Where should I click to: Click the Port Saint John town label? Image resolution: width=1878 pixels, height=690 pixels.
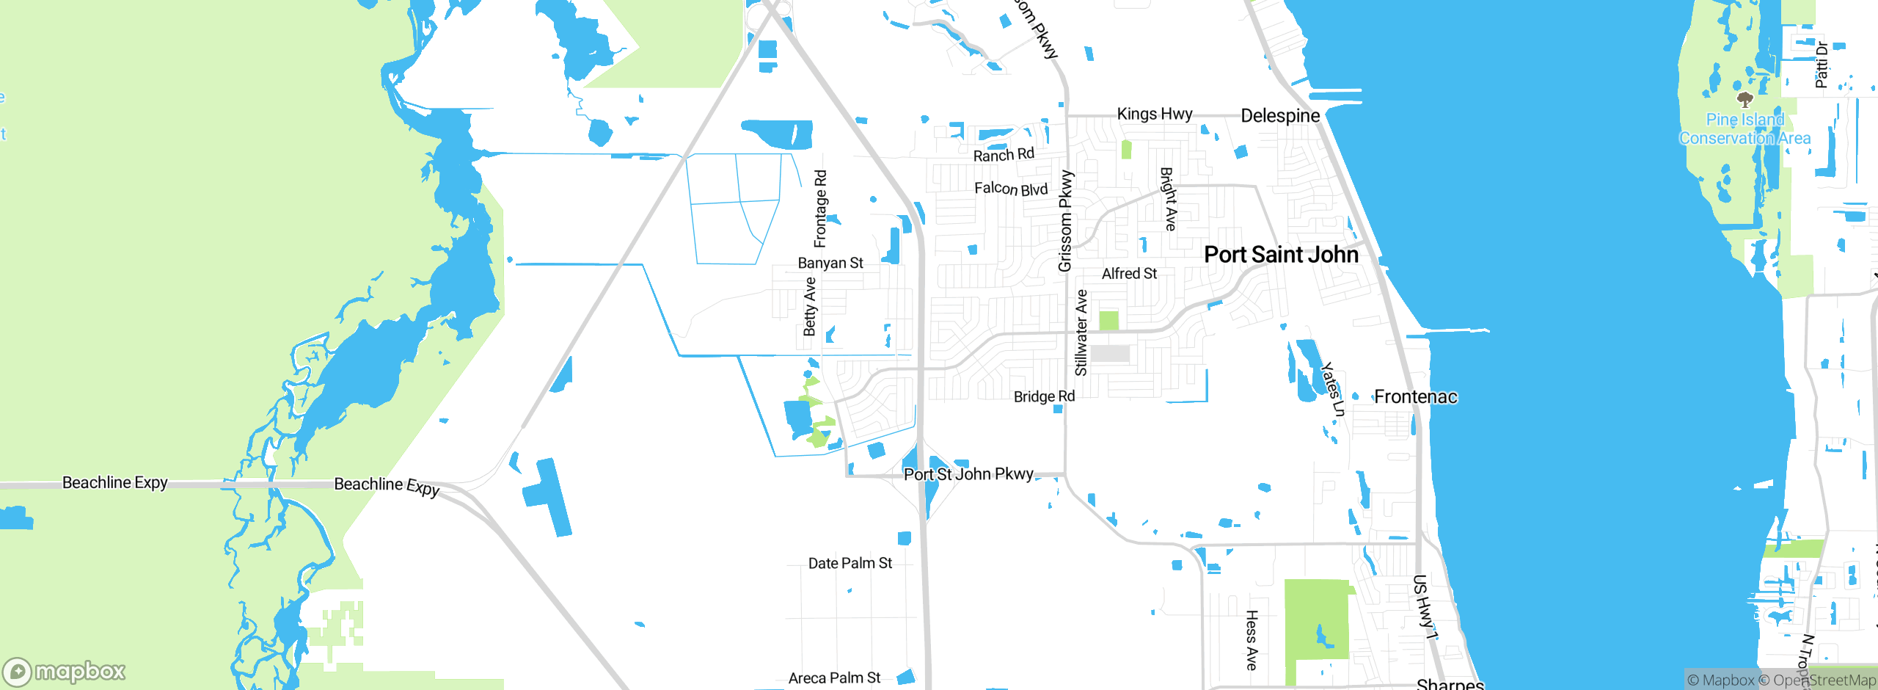(1281, 255)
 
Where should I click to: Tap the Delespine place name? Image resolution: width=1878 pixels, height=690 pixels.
(1279, 115)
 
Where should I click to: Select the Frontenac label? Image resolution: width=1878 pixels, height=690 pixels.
(1415, 397)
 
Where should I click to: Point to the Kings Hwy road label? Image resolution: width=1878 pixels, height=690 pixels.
(1154, 114)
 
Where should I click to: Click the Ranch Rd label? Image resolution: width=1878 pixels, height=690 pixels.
(1003, 155)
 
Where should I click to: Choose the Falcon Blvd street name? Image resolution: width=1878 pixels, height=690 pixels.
(1010, 189)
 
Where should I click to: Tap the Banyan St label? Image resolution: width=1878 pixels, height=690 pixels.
(830, 263)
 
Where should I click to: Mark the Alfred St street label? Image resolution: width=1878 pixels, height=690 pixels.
(1129, 274)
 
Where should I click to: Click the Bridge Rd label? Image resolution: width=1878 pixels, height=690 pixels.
(1044, 396)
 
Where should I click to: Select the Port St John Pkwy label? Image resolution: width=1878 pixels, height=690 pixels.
(968, 474)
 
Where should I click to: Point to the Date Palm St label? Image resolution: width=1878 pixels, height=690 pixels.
(850, 563)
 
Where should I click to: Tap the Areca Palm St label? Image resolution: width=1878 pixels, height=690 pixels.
(834, 678)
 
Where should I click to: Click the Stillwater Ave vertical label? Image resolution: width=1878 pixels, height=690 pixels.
(1081, 333)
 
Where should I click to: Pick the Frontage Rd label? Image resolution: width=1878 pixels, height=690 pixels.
(820, 208)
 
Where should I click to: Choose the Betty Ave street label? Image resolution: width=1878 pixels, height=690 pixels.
(809, 306)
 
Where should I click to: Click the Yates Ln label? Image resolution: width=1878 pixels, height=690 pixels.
(1332, 389)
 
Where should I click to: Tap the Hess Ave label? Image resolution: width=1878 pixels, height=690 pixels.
(1252, 640)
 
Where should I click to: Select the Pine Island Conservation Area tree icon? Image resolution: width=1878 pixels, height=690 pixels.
(1744, 99)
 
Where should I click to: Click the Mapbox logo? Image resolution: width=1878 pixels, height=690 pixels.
(65, 672)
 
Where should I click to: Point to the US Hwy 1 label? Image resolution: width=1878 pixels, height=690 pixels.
(1423, 606)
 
